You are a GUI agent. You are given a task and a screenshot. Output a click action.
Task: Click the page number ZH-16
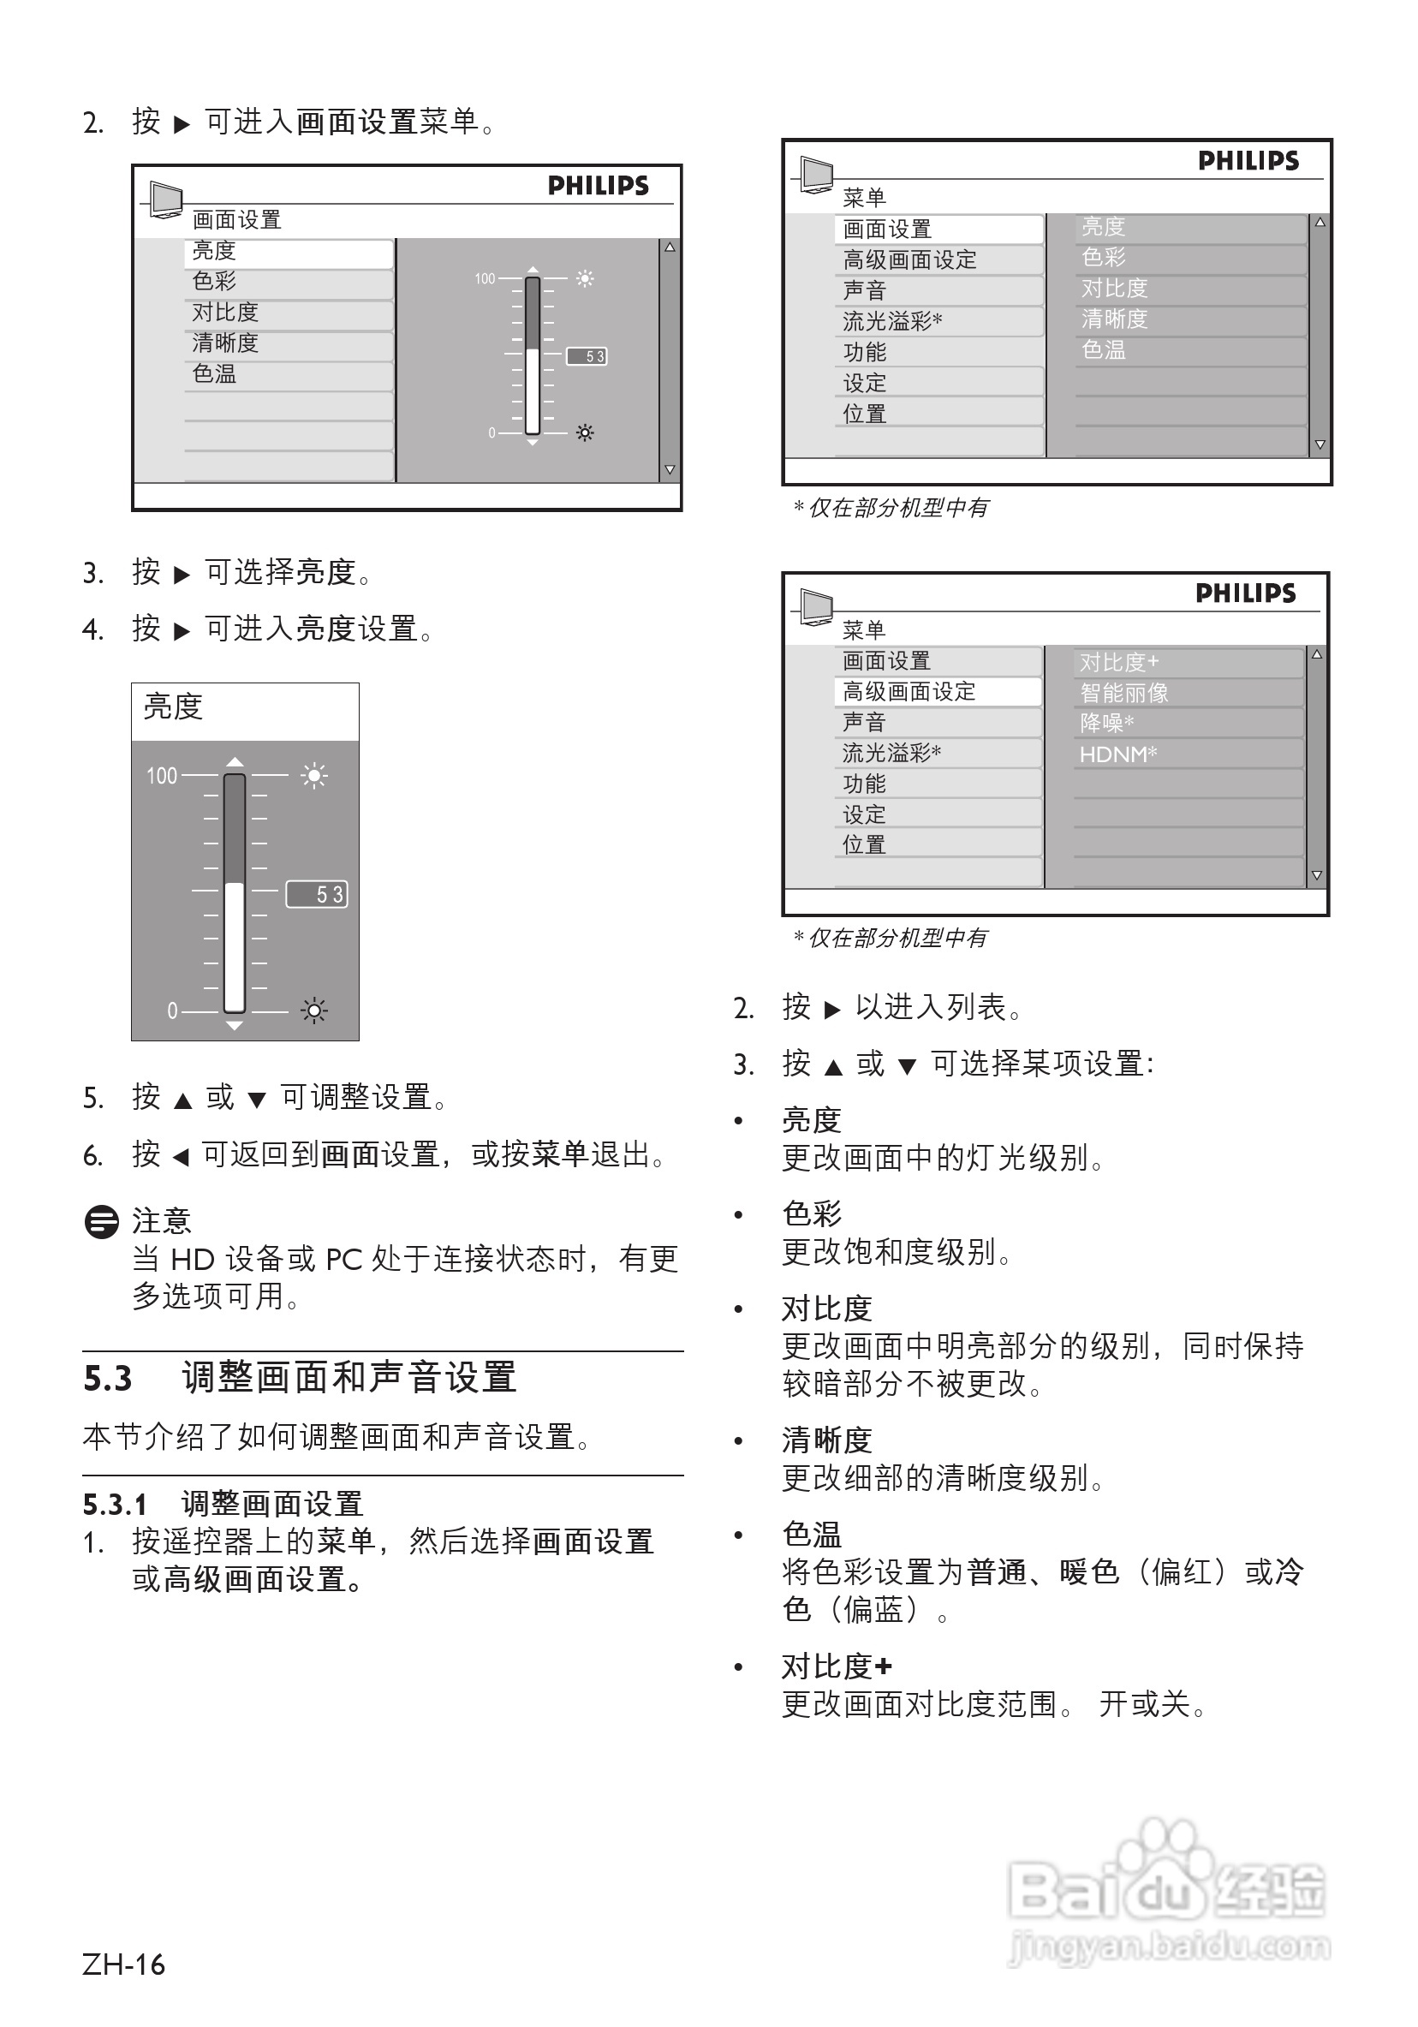(122, 1965)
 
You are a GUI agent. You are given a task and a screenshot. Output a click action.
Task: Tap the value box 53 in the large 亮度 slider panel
(317, 894)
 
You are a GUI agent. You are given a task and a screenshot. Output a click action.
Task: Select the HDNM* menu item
(1117, 754)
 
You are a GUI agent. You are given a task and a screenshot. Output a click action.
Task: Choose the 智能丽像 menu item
(1124, 693)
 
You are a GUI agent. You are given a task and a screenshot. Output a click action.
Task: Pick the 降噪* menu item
(1106, 724)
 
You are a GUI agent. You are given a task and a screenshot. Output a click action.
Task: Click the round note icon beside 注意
(102, 1222)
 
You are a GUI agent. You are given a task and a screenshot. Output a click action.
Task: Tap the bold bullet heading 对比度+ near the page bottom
(836, 1666)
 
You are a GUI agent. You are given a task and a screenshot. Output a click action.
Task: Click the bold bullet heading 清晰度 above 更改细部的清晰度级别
(826, 1440)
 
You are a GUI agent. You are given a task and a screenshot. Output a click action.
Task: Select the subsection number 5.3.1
(115, 1504)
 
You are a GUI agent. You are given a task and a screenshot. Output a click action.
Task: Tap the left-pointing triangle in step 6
(180, 1157)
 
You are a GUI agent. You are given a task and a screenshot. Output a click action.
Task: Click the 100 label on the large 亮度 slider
(162, 776)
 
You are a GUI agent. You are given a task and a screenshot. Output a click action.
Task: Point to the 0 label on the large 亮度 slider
(172, 1011)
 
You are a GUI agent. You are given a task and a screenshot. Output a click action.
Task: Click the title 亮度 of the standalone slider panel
(173, 707)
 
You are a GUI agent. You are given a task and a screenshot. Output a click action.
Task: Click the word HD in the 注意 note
(193, 1260)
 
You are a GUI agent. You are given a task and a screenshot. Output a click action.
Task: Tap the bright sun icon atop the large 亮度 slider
(313, 776)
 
